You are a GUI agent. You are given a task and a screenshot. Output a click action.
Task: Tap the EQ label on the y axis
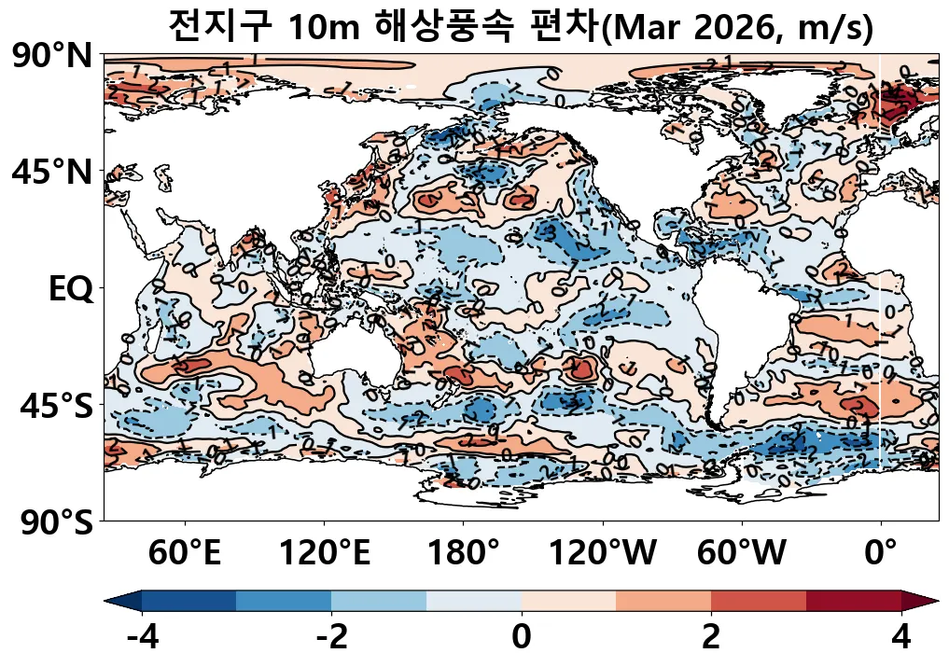pos(70,289)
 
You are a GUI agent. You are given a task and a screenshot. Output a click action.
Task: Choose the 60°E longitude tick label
pos(185,554)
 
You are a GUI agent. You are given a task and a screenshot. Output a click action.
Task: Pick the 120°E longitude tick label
pos(325,554)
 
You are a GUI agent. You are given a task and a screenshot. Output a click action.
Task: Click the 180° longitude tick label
pos(464,554)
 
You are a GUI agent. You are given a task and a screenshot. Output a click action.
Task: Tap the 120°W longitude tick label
pos(602,554)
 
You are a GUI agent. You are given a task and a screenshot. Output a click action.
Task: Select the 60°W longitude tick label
pos(742,554)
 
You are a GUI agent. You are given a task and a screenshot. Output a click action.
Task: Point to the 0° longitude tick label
pos(881,554)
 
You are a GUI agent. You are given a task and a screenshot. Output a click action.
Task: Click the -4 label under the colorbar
pos(142,638)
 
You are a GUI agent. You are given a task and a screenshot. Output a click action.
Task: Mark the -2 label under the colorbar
pos(331,638)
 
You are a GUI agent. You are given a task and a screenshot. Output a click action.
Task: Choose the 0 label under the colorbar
pos(522,638)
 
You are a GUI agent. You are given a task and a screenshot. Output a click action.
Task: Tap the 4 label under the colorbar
pos(900,638)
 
